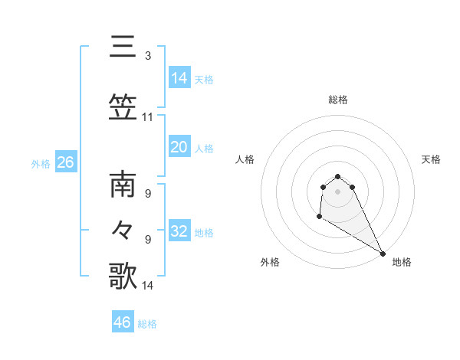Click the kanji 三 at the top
click(x=123, y=47)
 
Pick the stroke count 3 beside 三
click(x=148, y=56)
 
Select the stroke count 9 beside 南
click(x=148, y=194)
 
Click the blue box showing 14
click(x=179, y=77)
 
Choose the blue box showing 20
click(x=179, y=146)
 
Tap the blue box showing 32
click(x=179, y=231)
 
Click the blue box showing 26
click(x=65, y=162)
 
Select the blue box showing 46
click(x=123, y=322)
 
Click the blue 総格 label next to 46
click(x=147, y=324)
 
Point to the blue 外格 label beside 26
click(x=41, y=164)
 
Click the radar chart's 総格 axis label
click(x=338, y=100)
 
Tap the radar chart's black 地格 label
click(x=402, y=262)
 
